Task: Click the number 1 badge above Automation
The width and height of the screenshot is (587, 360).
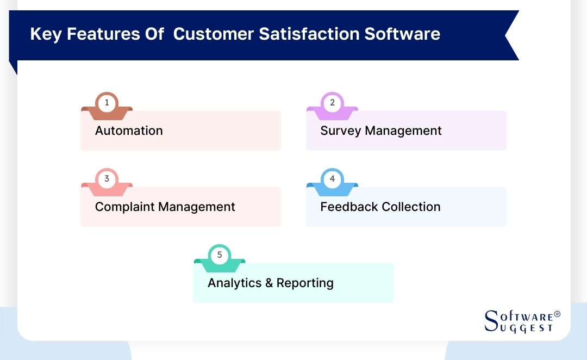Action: point(107,103)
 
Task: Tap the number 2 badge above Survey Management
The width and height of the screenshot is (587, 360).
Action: point(332,103)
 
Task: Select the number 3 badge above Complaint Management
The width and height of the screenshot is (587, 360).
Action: point(107,179)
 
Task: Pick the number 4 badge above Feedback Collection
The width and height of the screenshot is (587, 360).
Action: point(332,179)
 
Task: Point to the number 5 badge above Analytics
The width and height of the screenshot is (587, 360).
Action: point(220,255)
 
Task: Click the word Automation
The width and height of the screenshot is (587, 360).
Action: point(129,131)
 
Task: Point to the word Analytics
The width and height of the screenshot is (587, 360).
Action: point(234,283)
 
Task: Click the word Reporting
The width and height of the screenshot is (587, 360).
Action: point(305,283)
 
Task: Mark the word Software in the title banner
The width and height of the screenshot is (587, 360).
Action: point(402,34)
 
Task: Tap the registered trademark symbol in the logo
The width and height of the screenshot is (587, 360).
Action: point(557,315)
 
